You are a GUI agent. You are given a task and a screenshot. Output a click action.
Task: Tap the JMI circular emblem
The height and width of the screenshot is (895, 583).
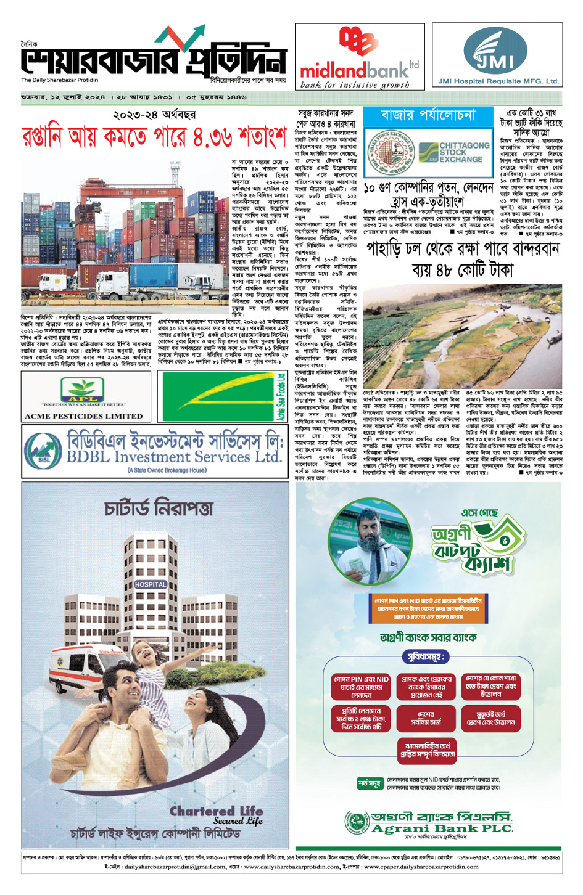point(495,51)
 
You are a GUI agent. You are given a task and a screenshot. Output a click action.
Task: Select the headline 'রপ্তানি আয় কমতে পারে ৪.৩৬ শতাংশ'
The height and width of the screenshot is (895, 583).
point(154,137)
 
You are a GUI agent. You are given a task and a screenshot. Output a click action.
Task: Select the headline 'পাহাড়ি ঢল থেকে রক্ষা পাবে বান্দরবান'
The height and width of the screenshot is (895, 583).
point(463,249)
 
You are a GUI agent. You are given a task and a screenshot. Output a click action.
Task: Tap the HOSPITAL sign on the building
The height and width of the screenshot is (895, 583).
point(151,584)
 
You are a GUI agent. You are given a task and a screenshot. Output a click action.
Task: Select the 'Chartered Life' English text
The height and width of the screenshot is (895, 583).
point(216,811)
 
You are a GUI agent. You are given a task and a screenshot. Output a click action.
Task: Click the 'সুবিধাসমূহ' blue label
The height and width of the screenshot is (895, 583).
point(424,657)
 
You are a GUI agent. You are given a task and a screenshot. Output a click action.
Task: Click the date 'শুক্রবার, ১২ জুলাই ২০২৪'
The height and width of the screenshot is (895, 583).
point(63,97)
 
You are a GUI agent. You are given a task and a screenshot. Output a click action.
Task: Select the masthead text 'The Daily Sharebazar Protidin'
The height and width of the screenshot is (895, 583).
point(59,80)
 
